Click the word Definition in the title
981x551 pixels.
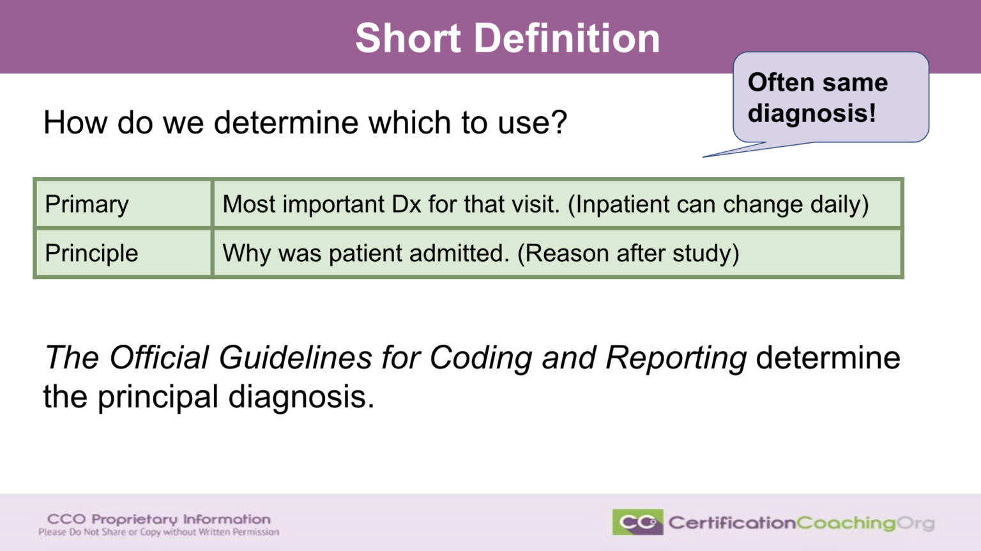tap(567, 38)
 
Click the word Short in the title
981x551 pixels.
tap(408, 38)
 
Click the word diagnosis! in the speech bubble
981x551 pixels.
tap(812, 114)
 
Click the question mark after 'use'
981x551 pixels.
tap(559, 123)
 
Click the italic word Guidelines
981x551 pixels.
tap(295, 358)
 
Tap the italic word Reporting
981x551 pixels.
tap(676, 358)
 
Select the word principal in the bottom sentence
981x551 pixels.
tap(158, 396)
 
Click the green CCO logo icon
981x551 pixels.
tap(637, 522)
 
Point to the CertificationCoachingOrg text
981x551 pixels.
tap(801, 524)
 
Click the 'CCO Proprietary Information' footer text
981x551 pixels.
tap(159, 519)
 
